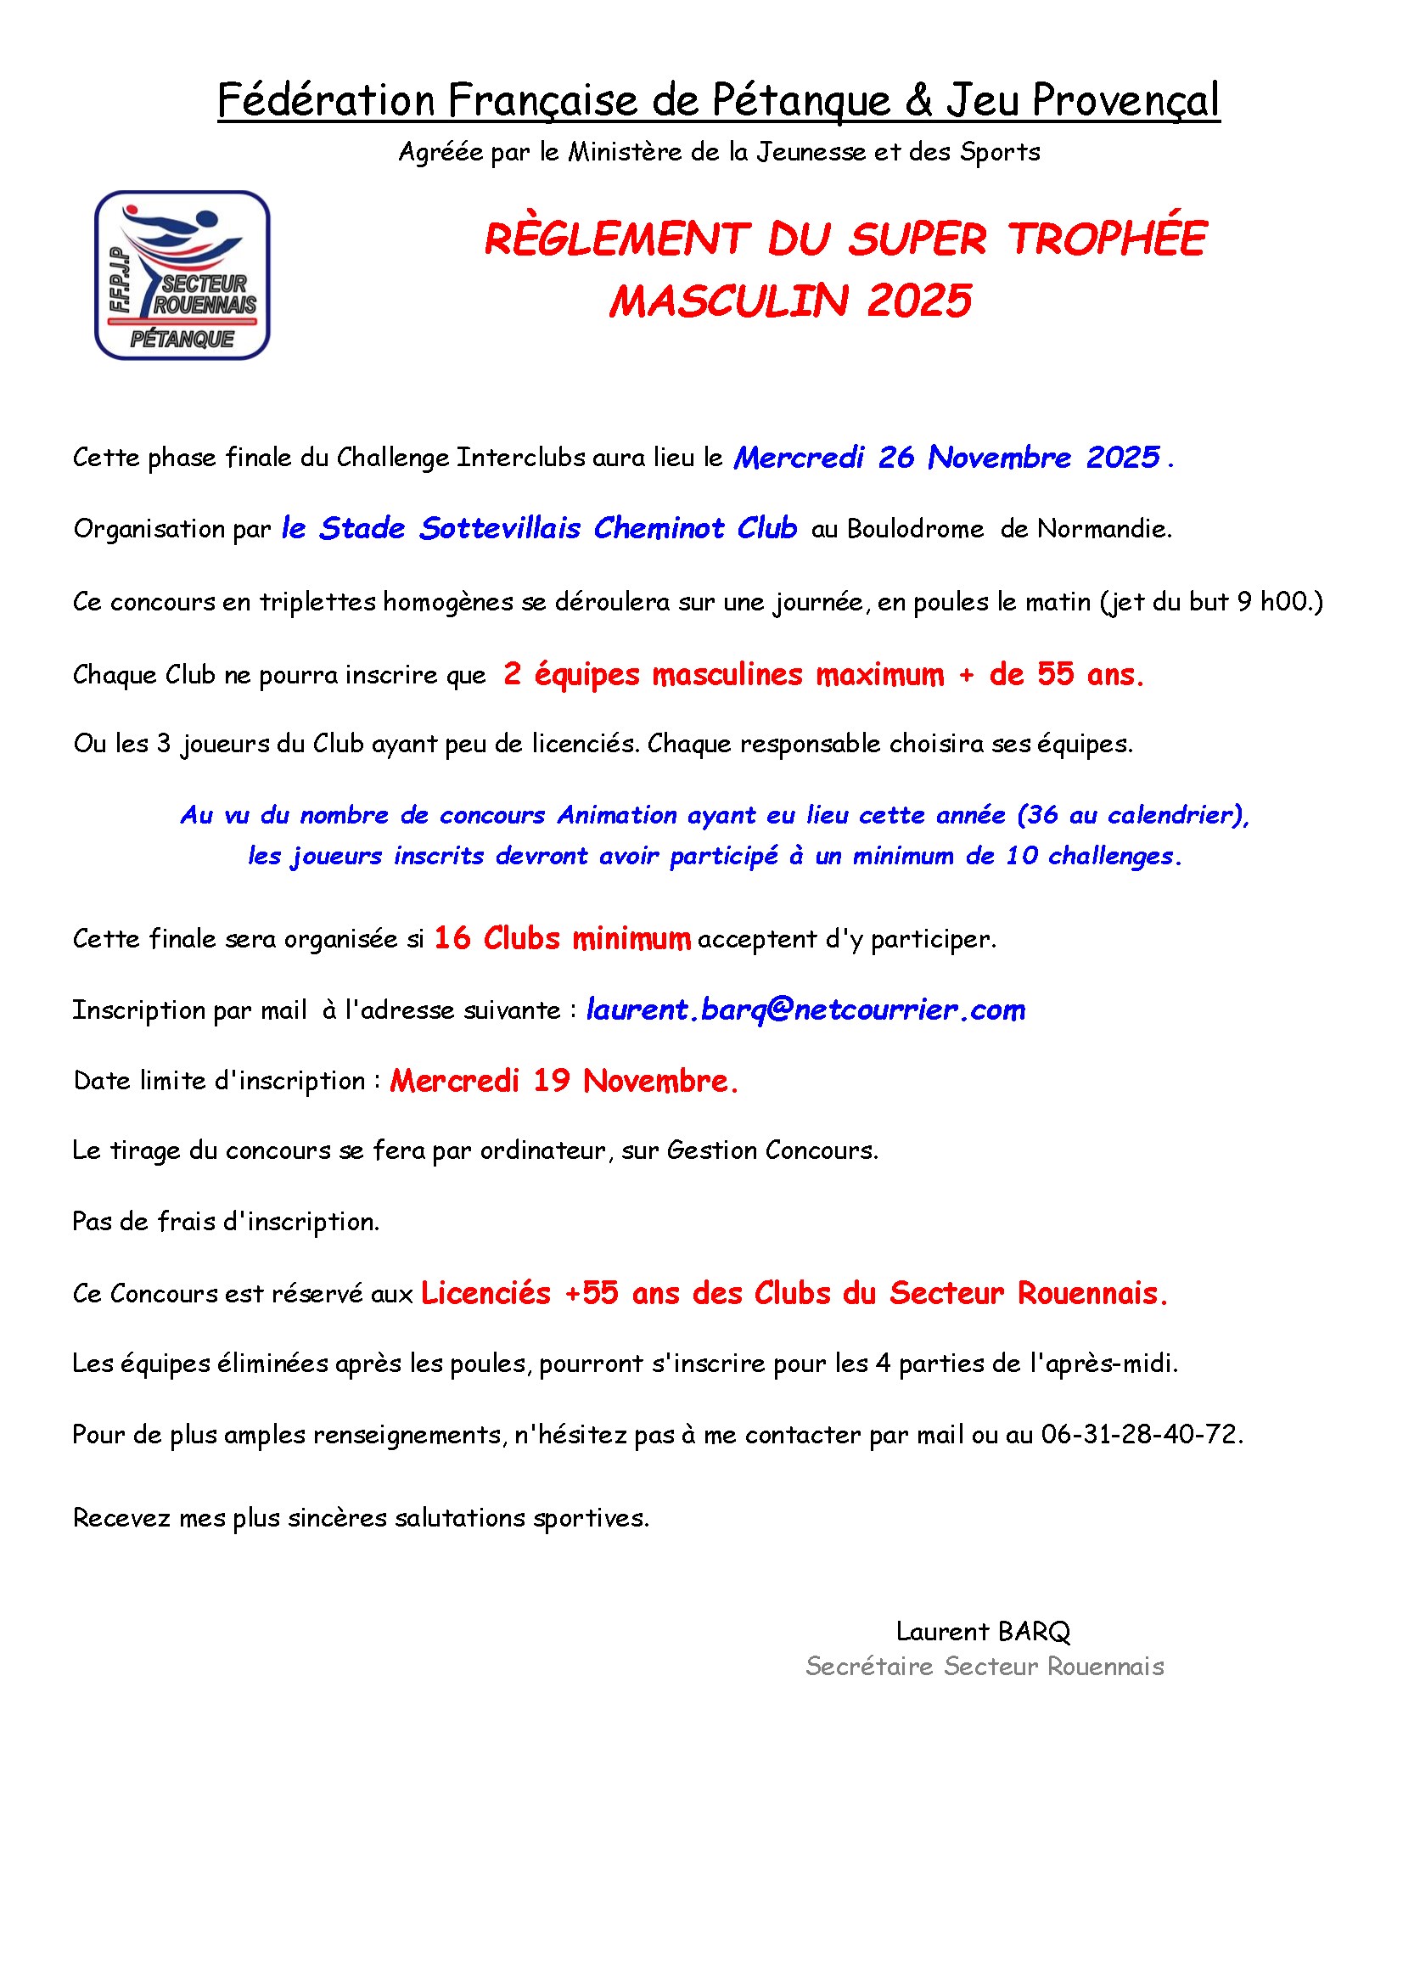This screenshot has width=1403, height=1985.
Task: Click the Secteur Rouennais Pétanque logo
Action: click(182, 275)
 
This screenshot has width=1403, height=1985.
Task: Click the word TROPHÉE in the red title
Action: click(1107, 239)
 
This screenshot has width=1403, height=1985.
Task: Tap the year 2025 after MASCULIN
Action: click(919, 301)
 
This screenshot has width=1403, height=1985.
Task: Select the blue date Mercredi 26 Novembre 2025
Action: click(946, 458)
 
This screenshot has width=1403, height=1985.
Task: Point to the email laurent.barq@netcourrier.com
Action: click(805, 1009)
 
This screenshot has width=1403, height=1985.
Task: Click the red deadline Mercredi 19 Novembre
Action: click(564, 1080)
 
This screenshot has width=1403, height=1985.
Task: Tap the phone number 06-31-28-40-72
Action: click(1140, 1434)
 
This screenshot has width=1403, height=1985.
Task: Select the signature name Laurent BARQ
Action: click(983, 1632)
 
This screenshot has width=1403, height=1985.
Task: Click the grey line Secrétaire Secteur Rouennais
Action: click(985, 1666)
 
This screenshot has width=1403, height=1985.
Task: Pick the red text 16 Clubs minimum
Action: click(562, 938)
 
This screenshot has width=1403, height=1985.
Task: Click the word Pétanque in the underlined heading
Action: click(801, 100)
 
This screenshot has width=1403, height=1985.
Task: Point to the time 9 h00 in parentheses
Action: click(1277, 601)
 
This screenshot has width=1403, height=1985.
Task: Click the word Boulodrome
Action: click(915, 528)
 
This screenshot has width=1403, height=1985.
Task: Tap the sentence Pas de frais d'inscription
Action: click(227, 1221)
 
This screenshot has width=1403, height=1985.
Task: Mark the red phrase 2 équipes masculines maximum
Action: click(723, 673)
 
